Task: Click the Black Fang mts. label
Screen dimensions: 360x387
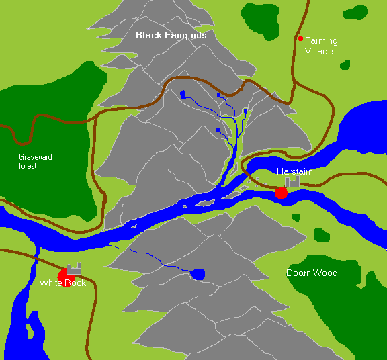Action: (x=172, y=35)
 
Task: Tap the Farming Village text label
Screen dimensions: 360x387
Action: (x=321, y=46)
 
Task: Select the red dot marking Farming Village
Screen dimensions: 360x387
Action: (x=300, y=38)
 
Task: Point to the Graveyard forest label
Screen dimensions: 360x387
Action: (x=36, y=161)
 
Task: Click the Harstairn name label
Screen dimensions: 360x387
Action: (x=294, y=172)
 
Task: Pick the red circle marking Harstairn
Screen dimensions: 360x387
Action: (x=281, y=193)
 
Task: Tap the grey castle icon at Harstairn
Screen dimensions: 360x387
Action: (x=292, y=181)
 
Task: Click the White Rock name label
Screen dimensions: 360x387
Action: (x=62, y=283)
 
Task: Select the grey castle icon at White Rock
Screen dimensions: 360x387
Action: (x=74, y=269)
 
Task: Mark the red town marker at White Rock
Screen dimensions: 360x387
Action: (x=64, y=276)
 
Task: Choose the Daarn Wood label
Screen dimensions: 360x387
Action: (x=312, y=273)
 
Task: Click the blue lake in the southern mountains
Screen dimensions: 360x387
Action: (x=198, y=273)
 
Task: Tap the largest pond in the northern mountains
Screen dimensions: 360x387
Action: (x=182, y=94)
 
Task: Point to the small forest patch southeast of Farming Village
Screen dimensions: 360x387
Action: (x=345, y=65)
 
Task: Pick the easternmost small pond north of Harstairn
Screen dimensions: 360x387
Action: (x=245, y=111)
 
